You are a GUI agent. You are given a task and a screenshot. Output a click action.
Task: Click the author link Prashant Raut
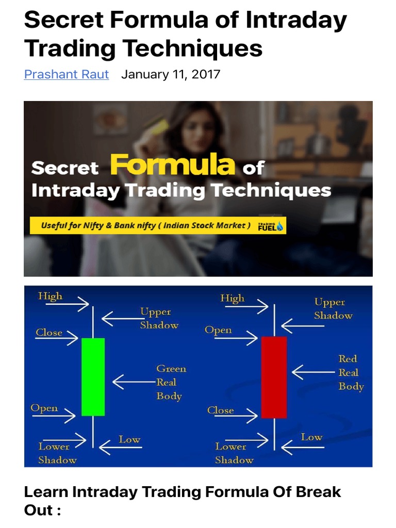[x=67, y=74]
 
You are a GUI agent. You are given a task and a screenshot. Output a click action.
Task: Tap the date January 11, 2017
[x=171, y=74]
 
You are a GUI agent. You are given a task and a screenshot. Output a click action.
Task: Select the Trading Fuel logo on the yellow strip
[x=270, y=226]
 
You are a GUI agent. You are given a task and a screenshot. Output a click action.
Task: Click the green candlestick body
[x=93, y=376]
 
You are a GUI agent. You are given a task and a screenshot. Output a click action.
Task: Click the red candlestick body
[x=274, y=377]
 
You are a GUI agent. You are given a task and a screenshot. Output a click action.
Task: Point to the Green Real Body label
[x=171, y=383]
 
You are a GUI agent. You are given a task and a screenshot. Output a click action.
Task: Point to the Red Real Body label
[x=351, y=372]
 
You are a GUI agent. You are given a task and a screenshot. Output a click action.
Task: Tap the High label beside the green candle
[x=50, y=296]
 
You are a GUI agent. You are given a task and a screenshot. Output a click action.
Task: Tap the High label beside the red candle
[x=232, y=298]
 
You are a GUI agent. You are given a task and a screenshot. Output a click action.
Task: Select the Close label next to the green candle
[x=49, y=333]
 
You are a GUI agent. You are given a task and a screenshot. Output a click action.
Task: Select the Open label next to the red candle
[x=218, y=330]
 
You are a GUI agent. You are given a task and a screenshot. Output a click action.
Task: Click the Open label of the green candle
[x=44, y=408]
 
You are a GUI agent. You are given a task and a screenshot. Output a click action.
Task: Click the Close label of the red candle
[x=220, y=410]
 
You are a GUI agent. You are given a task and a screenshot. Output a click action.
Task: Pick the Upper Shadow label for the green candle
[x=159, y=319]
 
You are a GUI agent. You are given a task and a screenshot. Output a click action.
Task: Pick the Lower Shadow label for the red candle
[x=234, y=453]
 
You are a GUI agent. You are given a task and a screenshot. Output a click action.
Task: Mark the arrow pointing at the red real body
[x=312, y=371]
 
